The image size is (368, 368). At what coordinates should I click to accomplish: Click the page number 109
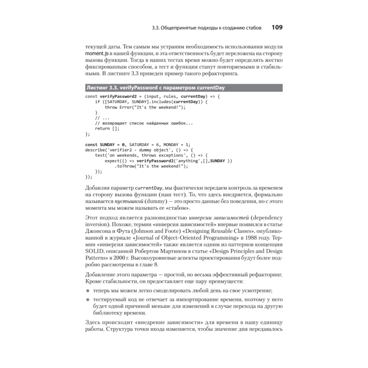pyautogui.click(x=277, y=28)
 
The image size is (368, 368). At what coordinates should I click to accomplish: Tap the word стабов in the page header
pyautogui.click(x=253, y=28)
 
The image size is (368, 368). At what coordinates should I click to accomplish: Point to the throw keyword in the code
pyautogui.click(x=111, y=107)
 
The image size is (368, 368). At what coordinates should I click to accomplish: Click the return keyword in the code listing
pyautogui.click(x=102, y=128)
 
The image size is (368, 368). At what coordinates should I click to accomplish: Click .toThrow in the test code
pyautogui.click(x=125, y=166)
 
